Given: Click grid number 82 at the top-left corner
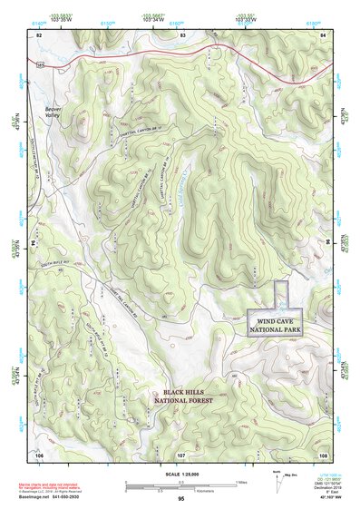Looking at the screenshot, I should pyautogui.click(x=39, y=34).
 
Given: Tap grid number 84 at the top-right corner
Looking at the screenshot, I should pyautogui.click(x=324, y=34).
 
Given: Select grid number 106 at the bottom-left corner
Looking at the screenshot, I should pyautogui.click(x=39, y=454).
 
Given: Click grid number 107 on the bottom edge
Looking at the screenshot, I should pyautogui.click(x=180, y=454).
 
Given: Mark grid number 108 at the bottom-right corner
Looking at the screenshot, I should pyautogui.click(x=322, y=454).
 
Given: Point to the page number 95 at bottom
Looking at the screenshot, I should pyautogui.click(x=181, y=499).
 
